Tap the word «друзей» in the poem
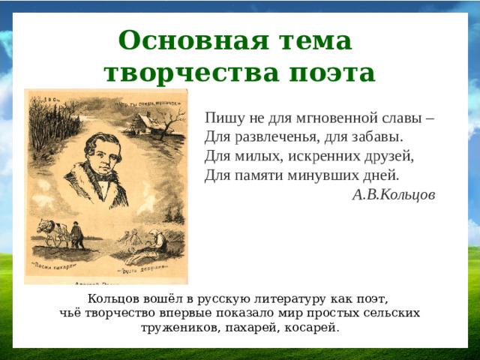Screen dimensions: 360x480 pos(391,157)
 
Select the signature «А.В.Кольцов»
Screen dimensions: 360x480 pos(393,194)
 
